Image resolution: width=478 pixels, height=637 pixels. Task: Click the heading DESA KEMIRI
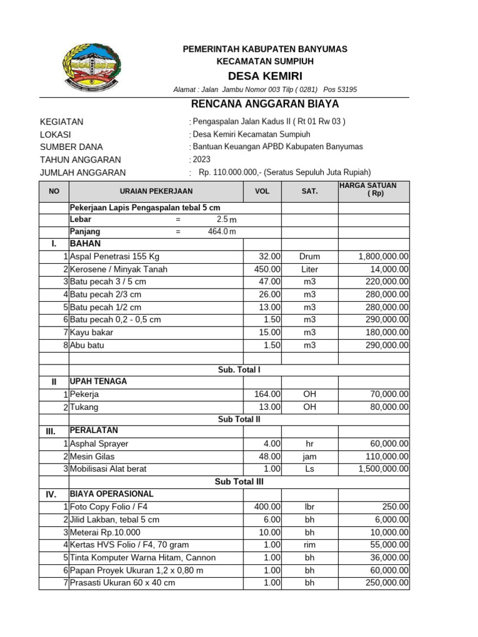click(x=265, y=76)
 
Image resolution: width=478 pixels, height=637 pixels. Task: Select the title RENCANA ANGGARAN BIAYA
click(x=264, y=103)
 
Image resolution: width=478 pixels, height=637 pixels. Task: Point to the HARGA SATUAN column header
click(x=373, y=190)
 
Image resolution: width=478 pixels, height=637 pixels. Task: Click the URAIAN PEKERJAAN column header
click(x=156, y=191)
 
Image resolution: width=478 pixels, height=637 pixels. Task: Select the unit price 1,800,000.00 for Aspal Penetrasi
click(x=383, y=256)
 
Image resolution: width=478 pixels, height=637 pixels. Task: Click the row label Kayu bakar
click(x=91, y=332)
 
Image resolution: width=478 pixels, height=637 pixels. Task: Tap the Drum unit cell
click(x=309, y=256)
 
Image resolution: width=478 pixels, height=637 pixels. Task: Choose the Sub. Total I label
click(x=239, y=370)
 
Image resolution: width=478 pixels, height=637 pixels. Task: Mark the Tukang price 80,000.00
click(x=387, y=407)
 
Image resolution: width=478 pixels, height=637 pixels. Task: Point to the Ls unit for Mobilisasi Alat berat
click(x=309, y=469)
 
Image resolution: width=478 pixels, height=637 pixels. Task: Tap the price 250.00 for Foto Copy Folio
click(x=395, y=507)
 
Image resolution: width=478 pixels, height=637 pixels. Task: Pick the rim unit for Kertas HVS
click(x=309, y=545)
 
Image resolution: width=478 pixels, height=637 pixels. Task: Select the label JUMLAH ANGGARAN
click(x=82, y=172)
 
